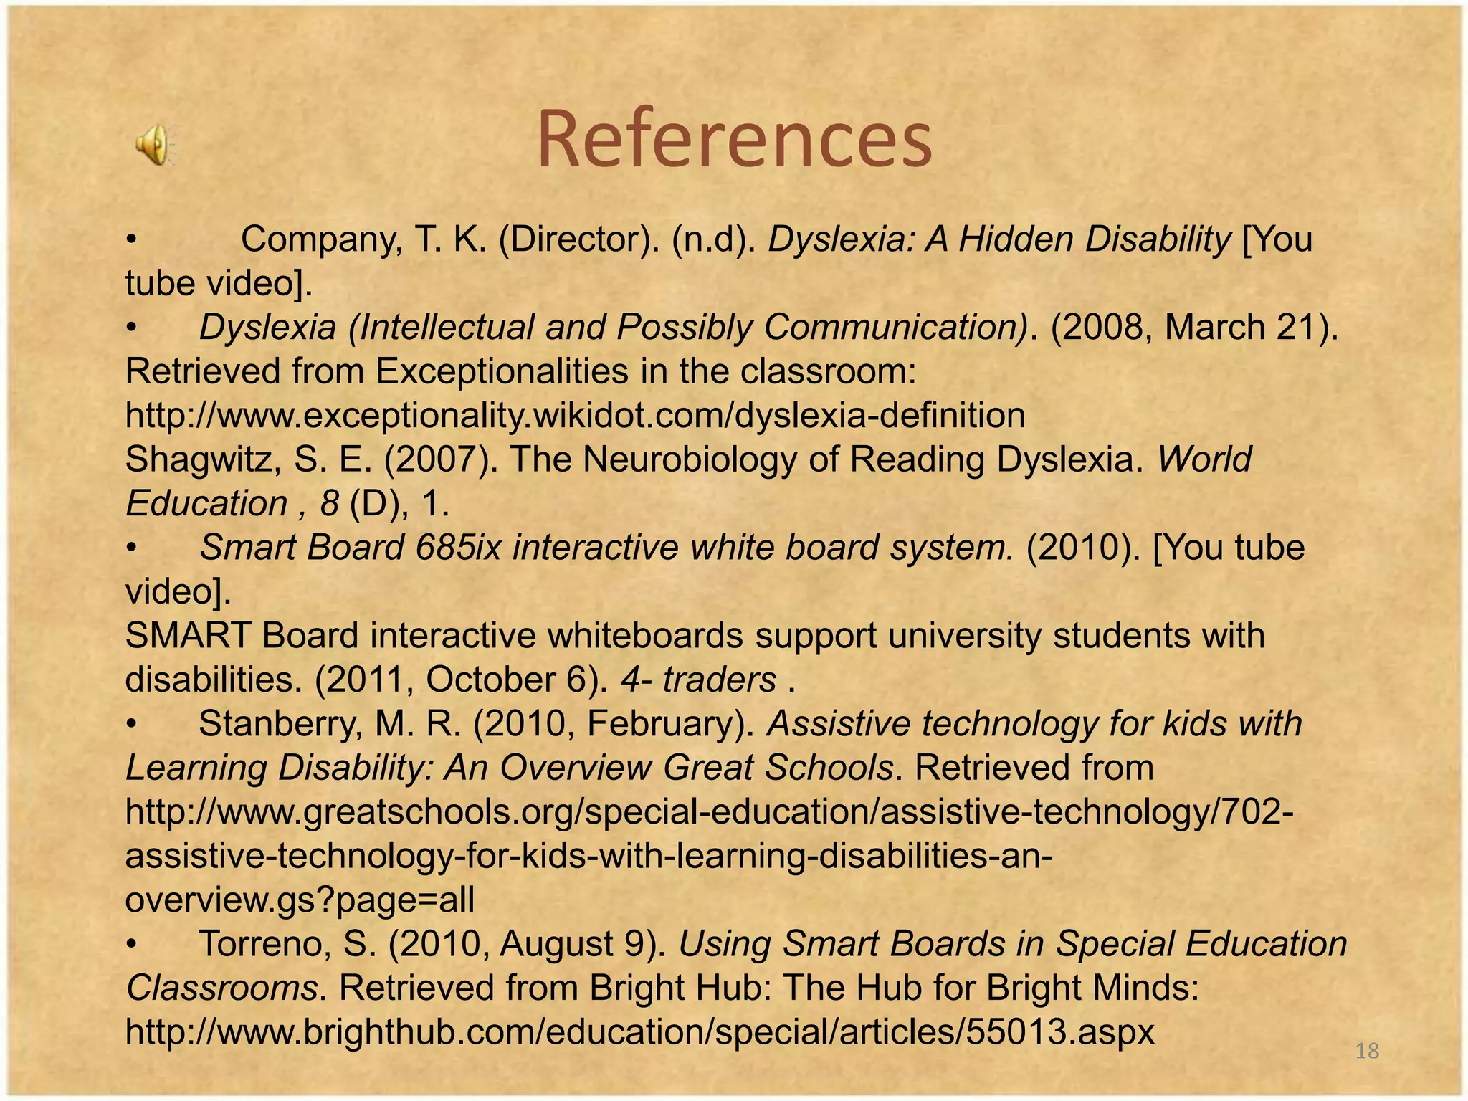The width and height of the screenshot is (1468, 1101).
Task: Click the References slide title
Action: click(734, 139)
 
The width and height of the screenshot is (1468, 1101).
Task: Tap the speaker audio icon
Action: click(154, 143)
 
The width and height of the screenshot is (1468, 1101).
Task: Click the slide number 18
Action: click(1368, 1051)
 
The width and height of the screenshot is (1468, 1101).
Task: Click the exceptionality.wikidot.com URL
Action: click(575, 416)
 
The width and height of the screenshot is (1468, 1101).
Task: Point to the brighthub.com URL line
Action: click(639, 1032)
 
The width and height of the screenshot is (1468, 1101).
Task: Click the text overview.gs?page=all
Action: click(300, 900)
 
